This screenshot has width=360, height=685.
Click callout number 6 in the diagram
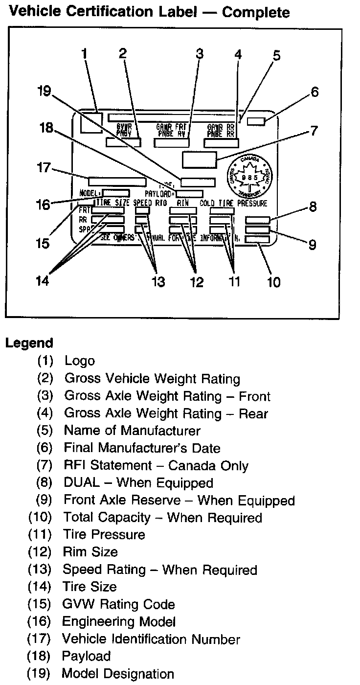click(x=314, y=91)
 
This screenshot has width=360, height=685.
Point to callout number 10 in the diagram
click(x=274, y=282)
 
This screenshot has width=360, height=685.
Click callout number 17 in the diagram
click(x=43, y=168)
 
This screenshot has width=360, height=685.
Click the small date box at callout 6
click(x=256, y=121)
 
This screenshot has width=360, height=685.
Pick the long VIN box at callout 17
click(x=117, y=181)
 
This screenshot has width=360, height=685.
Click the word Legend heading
click(x=29, y=343)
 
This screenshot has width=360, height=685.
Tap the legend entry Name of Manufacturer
click(x=132, y=431)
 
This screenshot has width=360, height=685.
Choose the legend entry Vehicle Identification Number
click(x=151, y=639)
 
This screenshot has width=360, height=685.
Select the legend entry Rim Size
click(x=90, y=552)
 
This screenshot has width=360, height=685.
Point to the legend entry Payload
click(x=86, y=656)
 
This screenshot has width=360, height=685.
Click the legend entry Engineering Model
click(x=118, y=621)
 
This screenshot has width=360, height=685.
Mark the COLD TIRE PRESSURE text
click(x=233, y=203)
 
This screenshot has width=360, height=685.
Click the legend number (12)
click(x=39, y=552)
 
